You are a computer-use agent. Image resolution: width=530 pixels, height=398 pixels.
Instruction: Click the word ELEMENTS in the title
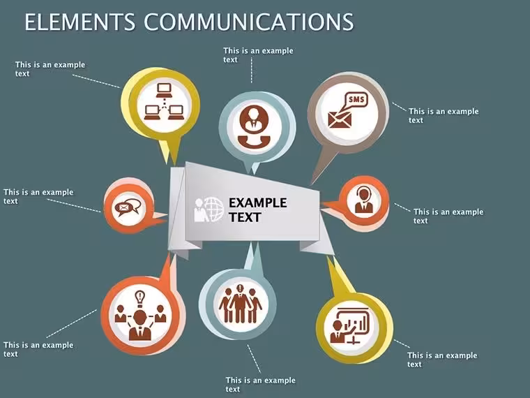pyautogui.click(x=80, y=22)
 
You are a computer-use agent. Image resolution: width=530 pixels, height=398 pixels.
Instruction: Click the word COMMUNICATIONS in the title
pyautogui.click(x=249, y=22)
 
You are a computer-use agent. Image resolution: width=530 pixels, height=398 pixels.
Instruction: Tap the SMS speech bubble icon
pyautogui.click(x=356, y=100)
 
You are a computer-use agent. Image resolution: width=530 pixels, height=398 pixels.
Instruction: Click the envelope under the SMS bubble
pyautogui.click(x=340, y=120)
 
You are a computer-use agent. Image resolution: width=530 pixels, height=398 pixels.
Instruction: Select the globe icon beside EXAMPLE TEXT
pyautogui.click(x=213, y=210)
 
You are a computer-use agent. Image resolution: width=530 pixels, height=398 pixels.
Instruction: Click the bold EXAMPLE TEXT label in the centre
pyautogui.click(x=258, y=210)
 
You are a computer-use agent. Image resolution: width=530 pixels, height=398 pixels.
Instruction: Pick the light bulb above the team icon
pyautogui.click(x=139, y=299)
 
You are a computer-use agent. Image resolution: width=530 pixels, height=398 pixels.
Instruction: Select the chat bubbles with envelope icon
pyautogui.click(x=128, y=207)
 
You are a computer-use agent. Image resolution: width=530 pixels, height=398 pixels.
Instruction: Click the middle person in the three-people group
pyautogui.click(x=240, y=304)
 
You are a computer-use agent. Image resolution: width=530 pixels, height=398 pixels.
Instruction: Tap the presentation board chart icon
pyautogui.click(x=351, y=326)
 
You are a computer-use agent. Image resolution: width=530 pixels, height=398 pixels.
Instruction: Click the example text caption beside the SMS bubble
pyautogui.click(x=444, y=116)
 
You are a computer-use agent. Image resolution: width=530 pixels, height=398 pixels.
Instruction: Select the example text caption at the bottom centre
pyautogui.click(x=260, y=385)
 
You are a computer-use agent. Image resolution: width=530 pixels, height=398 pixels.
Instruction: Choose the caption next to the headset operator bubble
pyautogui.click(x=448, y=216)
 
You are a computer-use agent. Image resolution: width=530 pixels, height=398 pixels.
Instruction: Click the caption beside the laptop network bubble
pyautogui.click(x=50, y=69)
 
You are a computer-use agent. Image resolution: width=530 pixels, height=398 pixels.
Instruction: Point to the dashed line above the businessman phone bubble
pyautogui.click(x=252, y=70)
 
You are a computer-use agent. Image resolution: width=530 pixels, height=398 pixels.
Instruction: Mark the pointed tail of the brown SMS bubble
pyautogui.click(x=311, y=185)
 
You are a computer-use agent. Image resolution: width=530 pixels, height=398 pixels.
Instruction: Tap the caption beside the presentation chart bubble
pyautogui.click(x=442, y=360)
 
